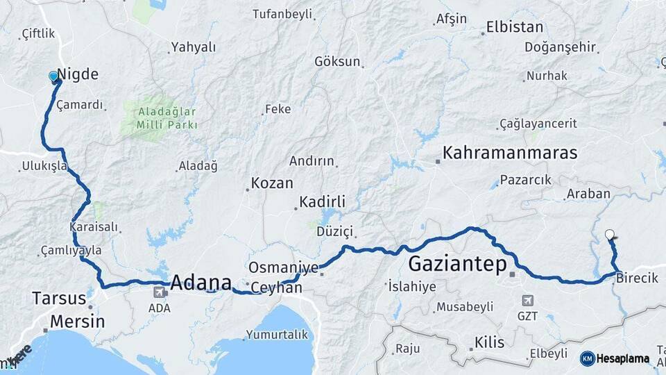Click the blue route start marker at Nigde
coord(53,76)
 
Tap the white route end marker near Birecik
coord(609,234)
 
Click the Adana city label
coord(200,283)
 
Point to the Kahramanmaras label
coord(510,153)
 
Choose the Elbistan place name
coord(515,28)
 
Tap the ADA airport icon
coord(160,292)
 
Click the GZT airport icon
coord(528,300)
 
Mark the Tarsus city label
coord(58,299)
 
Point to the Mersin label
coord(78,322)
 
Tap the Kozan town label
coord(271,183)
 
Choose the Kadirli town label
coord(322,202)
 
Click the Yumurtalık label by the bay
coord(279,335)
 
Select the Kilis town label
coord(490,342)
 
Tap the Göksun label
coord(337,61)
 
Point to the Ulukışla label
coord(44,167)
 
